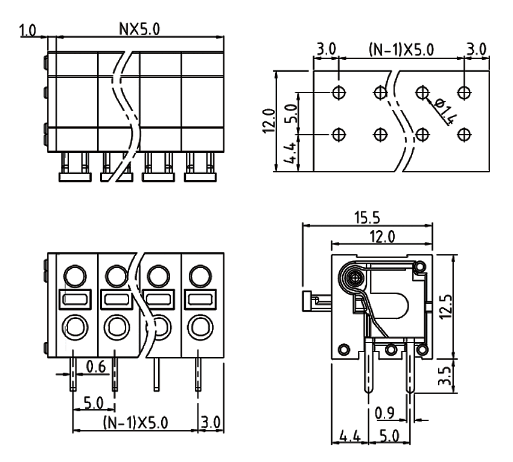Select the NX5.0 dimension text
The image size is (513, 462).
(141, 28)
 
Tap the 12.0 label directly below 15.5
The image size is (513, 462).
(381, 236)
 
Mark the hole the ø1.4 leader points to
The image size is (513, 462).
(422, 92)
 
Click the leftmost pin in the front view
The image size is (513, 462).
(73, 371)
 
